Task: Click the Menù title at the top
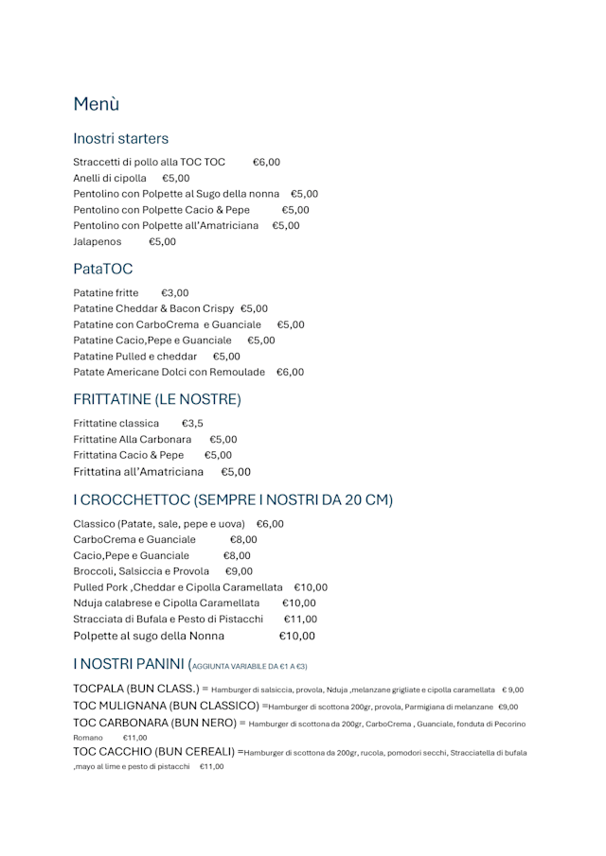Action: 97,104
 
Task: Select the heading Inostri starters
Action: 121,139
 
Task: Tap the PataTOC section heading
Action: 103,270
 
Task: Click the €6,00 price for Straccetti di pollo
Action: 266,163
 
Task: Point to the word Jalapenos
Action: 98,242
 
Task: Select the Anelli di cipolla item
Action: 110,179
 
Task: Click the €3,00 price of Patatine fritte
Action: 174,293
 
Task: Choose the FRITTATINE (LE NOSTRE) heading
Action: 157,399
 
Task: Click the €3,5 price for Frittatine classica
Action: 192,424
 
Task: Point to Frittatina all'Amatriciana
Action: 138,472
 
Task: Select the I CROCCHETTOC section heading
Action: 233,499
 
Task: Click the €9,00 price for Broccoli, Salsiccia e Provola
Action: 239,571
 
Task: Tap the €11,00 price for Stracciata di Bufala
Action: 300,620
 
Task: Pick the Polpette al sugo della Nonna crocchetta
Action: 149,636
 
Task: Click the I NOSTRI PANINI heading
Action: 129,664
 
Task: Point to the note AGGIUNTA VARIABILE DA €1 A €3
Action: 249,667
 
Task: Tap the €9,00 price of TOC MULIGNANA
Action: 508,707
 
